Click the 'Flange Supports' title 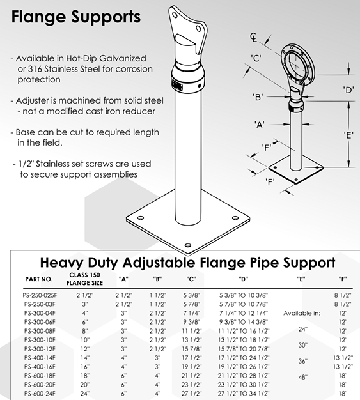click(x=76, y=17)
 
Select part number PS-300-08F click(x=40, y=331)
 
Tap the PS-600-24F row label click(x=40, y=394)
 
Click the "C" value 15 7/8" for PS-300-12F click(x=191, y=349)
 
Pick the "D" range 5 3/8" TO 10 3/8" click(x=244, y=295)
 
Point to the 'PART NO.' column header click(x=39, y=279)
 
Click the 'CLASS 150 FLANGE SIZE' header click(x=85, y=279)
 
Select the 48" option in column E click(x=302, y=377)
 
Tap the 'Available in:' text click(x=302, y=313)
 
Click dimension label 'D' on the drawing click(x=348, y=90)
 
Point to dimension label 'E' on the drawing click(x=348, y=135)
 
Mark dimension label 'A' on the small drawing click(x=260, y=125)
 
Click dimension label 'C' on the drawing click(x=256, y=58)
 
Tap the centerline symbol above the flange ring click(x=253, y=37)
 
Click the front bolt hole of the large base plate click(x=187, y=245)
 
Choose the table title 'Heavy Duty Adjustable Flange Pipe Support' click(x=187, y=263)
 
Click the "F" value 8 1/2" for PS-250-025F click(x=343, y=295)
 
